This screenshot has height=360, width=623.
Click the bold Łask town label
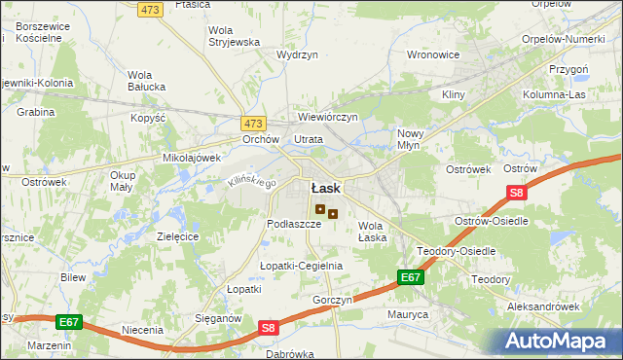pyautogui.click(x=325, y=188)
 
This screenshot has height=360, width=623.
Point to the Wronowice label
pyautogui.click(x=432, y=54)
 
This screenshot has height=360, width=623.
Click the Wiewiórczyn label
pyautogui.click(x=329, y=117)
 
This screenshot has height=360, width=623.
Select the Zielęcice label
pyautogui.click(x=177, y=236)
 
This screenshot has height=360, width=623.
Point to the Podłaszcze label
pyautogui.click(x=294, y=224)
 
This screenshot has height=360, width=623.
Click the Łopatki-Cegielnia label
pyautogui.click(x=301, y=266)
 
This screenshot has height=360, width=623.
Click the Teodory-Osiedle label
pyautogui.click(x=457, y=251)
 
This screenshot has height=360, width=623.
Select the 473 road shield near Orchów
pyautogui.click(x=253, y=124)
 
